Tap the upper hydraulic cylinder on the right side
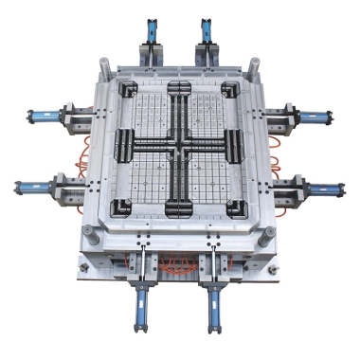313,118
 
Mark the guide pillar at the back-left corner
105,65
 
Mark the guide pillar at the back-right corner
254,63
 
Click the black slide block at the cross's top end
181,90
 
